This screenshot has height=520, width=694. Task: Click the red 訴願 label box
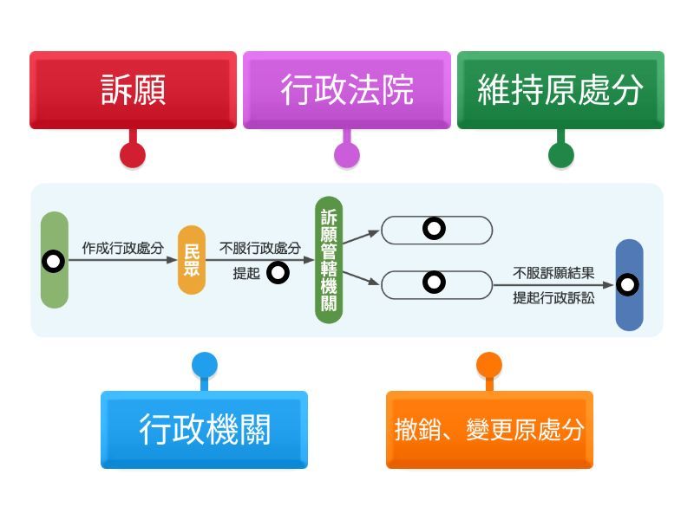(133, 90)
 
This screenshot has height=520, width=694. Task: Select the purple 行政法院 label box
(346, 90)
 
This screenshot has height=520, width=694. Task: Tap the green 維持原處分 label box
(560, 90)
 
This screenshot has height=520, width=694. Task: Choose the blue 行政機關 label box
(204, 429)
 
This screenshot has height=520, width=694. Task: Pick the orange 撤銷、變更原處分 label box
(489, 429)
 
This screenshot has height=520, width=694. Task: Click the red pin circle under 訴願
(133, 155)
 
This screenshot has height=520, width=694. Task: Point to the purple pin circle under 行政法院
(346, 155)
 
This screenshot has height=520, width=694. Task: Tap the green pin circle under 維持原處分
(561, 155)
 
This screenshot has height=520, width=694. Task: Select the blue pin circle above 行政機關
(204, 365)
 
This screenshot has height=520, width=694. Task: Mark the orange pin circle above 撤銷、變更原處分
(489, 365)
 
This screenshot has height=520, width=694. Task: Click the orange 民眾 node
(192, 259)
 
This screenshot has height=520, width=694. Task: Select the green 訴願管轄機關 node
(329, 260)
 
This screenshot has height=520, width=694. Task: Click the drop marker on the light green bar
(54, 261)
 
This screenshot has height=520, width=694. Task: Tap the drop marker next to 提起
(278, 273)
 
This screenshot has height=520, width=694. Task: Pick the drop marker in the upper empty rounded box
(435, 229)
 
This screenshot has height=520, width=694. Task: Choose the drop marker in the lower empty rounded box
(435, 282)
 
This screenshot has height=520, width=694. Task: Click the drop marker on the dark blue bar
(628, 284)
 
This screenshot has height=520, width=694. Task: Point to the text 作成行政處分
(123, 248)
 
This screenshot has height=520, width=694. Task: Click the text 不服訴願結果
(553, 273)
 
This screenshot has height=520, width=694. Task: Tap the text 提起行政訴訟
(553, 298)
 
